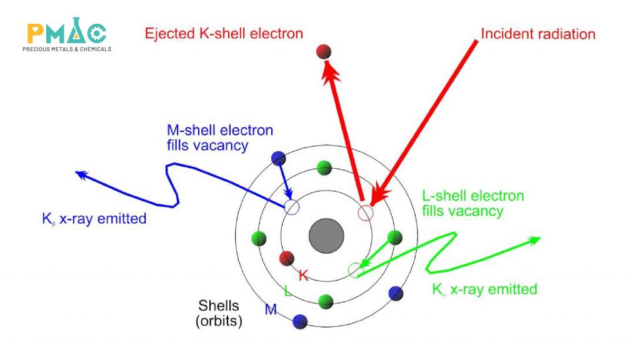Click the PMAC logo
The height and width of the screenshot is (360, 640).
[67, 37]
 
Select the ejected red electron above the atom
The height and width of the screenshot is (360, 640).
[323, 52]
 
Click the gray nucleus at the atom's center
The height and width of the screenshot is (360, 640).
[326, 237]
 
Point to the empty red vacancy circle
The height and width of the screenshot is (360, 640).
[366, 212]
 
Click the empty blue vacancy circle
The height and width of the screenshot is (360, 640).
[292, 207]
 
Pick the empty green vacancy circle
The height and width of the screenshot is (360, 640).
[355, 270]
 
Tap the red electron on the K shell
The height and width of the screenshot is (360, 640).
[287, 258]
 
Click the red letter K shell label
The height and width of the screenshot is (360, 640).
[304, 275]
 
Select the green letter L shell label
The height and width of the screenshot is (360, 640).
[286, 291]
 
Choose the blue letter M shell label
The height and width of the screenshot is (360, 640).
[271, 309]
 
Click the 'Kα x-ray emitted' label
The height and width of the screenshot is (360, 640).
[484, 290]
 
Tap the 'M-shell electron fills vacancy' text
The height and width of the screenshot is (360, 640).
[219, 138]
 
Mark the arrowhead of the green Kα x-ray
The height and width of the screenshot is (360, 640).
[535, 240]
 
